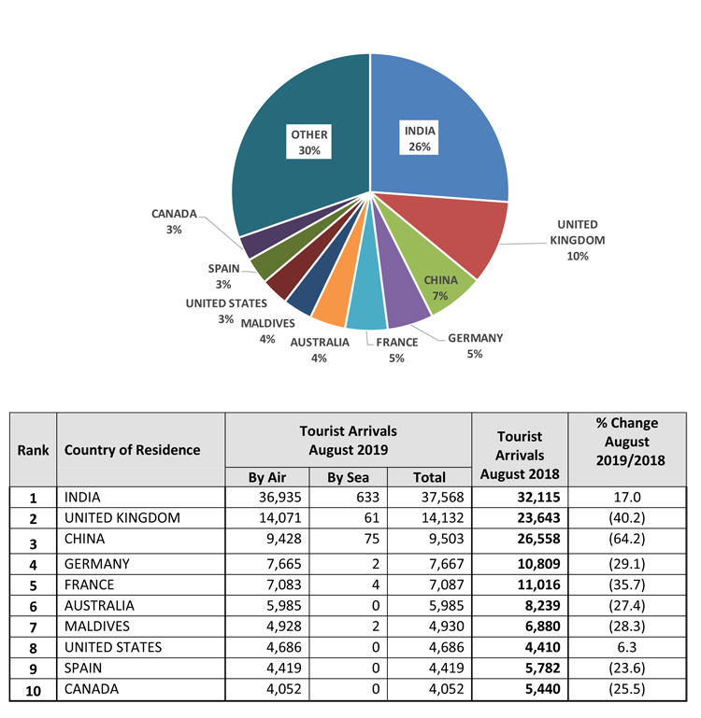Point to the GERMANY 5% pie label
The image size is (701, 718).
[x=475, y=345]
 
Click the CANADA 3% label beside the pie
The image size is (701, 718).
[x=174, y=221]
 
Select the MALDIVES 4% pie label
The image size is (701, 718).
[x=268, y=331]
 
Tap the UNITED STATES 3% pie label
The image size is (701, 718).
[x=225, y=310]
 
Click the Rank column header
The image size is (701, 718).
[x=34, y=450]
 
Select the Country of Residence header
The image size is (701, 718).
[x=133, y=450]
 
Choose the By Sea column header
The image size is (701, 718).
[x=349, y=478]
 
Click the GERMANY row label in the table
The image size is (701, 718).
[x=96, y=564]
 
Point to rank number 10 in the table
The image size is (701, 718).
[x=34, y=692]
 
